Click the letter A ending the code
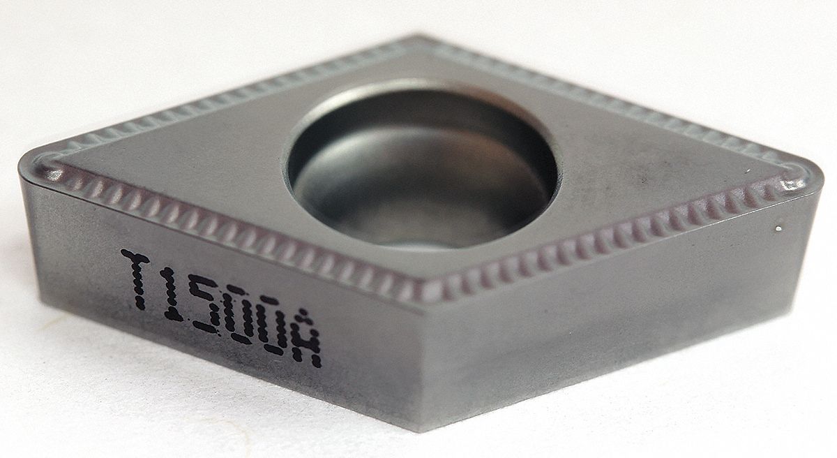(308, 346)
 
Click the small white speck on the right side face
(778, 228)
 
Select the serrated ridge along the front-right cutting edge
(614, 237)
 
